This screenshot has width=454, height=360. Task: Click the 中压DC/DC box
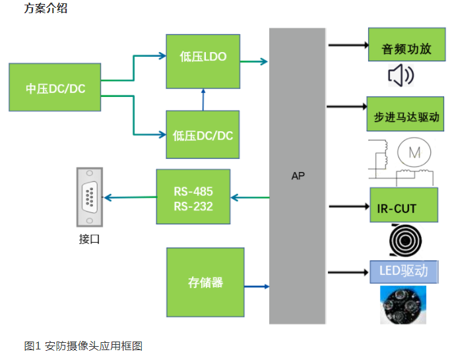(55, 87)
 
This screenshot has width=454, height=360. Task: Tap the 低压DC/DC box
(203, 135)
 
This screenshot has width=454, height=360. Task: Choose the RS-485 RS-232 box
(193, 196)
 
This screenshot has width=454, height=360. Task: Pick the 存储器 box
(205, 282)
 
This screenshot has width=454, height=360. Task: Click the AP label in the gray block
(298, 176)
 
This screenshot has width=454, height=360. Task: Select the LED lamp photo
(403, 305)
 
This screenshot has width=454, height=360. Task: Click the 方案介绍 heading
(46, 9)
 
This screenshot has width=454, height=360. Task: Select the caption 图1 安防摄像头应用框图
(84, 345)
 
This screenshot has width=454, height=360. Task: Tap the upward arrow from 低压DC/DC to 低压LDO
(203, 100)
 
